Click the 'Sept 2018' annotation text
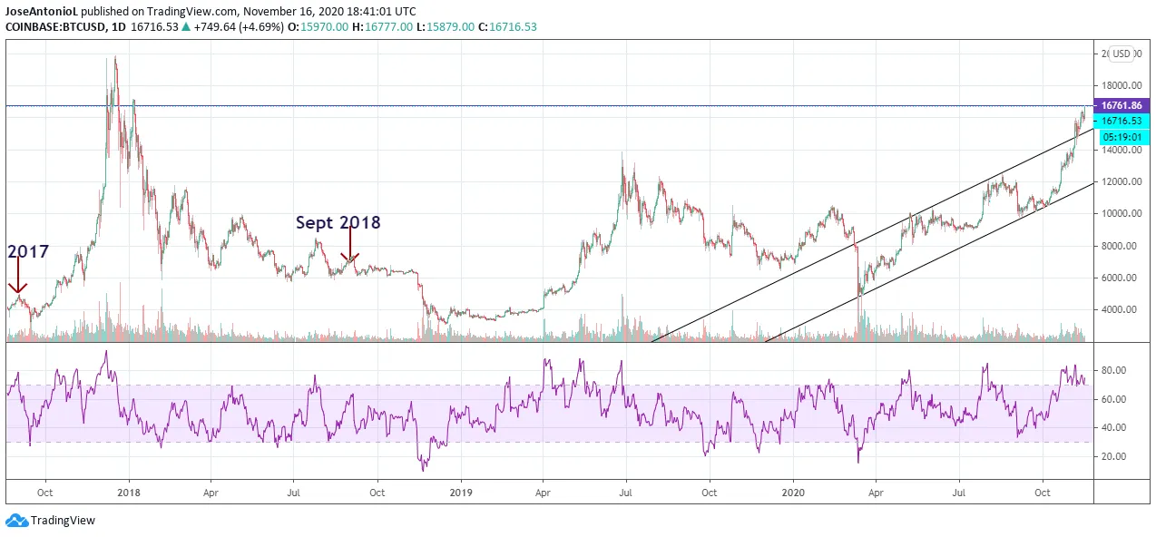click(x=338, y=222)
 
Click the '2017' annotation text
click(x=28, y=251)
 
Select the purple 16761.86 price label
click(x=1122, y=105)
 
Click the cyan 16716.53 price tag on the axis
click(x=1122, y=121)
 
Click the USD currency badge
click(x=1122, y=54)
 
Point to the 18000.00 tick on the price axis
click(x=1121, y=86)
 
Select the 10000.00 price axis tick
click(x=1121, y=214)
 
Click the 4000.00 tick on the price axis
click(x=1121, y=310)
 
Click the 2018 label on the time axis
click(x=129, y=493)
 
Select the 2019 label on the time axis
click(x=461, y=493)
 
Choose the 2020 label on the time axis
click(x=793, y=493)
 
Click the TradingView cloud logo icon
click(x=16, y=521)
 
